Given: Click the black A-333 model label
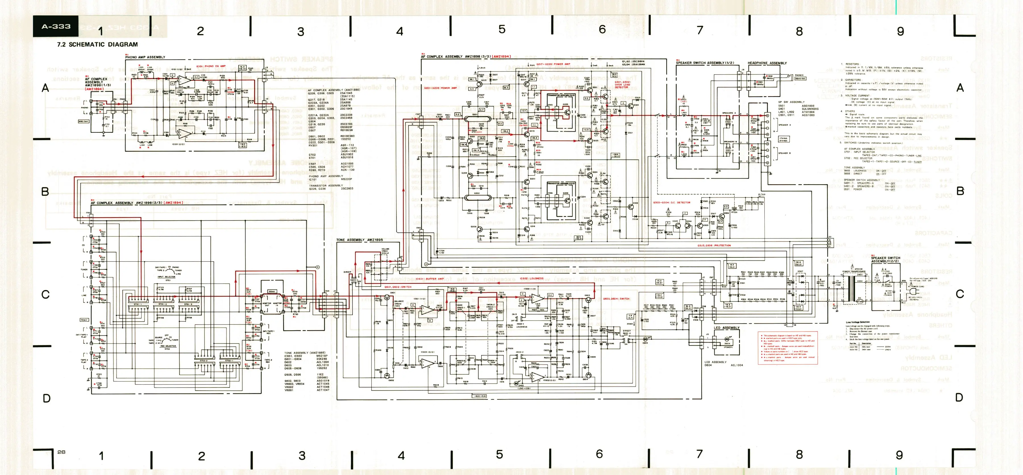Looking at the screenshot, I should [56, 27].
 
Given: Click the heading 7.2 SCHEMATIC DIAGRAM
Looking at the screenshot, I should [97, 45].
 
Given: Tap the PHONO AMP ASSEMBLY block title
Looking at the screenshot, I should [145, 57].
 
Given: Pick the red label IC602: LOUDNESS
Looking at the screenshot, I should [532, 278].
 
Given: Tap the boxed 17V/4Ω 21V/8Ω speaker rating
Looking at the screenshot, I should [783, 139].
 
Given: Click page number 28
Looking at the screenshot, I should [61, 452].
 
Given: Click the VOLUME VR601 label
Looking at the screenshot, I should [385, 250].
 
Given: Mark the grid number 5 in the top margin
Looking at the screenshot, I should [502, 29].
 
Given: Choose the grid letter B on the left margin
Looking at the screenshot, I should [45, 191].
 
